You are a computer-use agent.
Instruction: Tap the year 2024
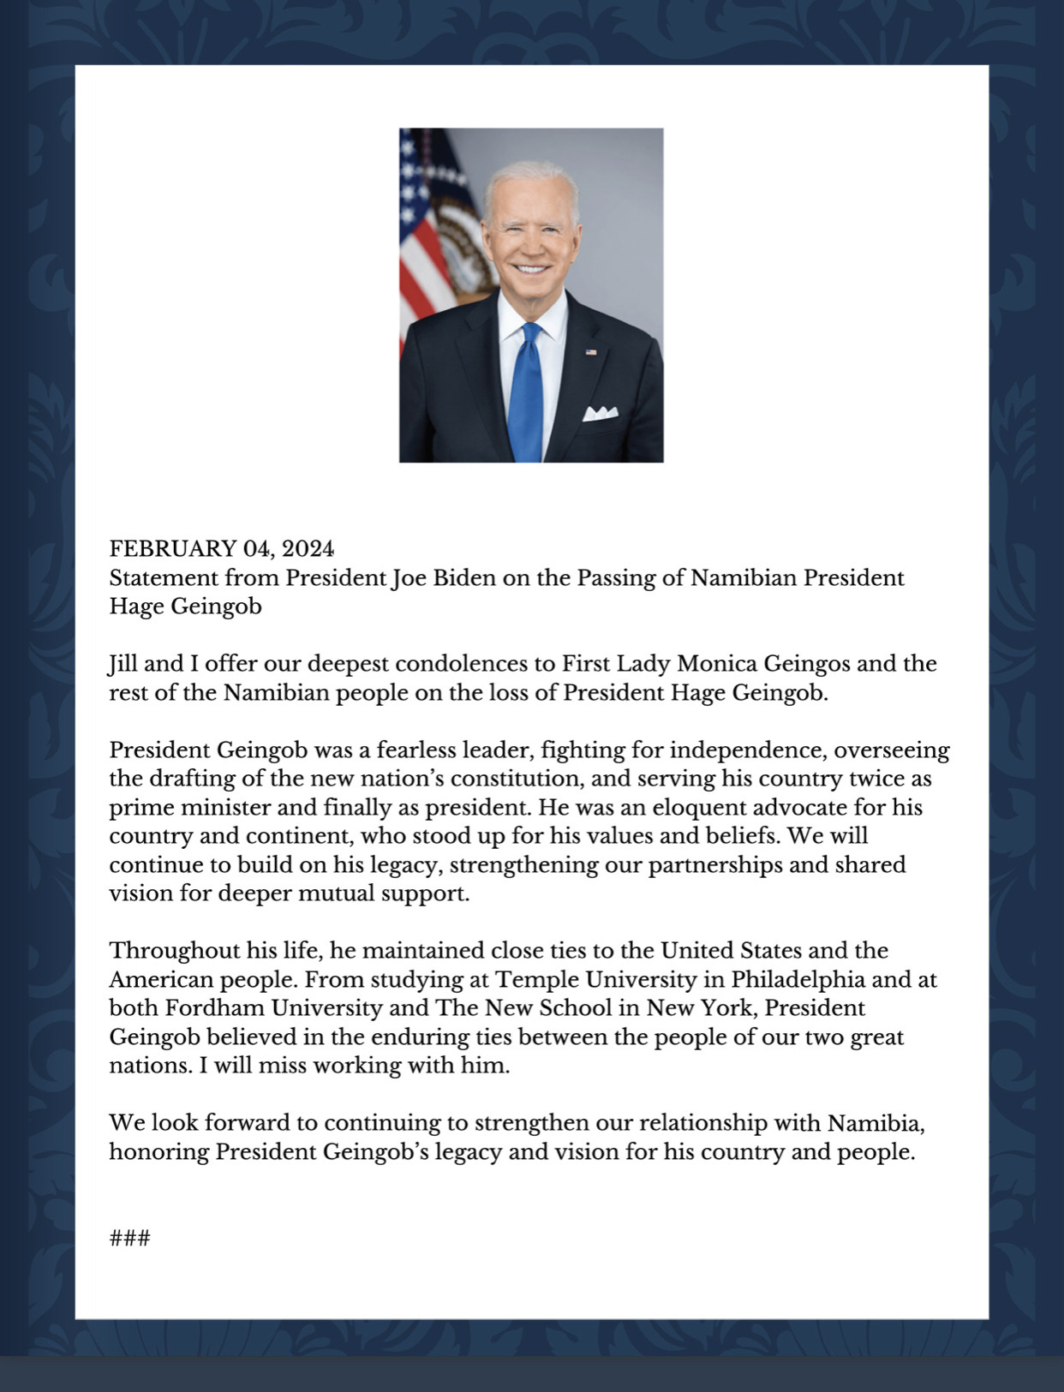pyautogui.click(x=308, y=548)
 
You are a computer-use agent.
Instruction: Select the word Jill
pyautogui.click(x=123, y=664)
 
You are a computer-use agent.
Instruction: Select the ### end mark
pyautogui.click(x=130, y=1238)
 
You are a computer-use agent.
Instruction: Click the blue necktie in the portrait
pyautogui.click(x=527, y=394)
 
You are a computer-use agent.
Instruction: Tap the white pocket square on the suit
pyautogui.click(x=601, y=414)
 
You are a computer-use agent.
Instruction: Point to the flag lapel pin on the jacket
pyautogui.click(x=591, y=352)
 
